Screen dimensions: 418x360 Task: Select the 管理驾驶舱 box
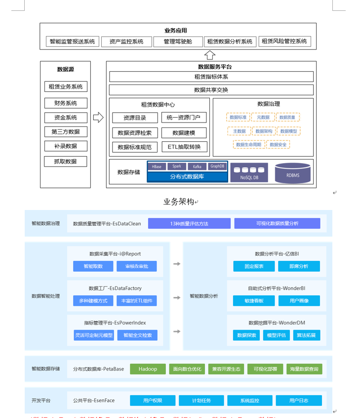178,42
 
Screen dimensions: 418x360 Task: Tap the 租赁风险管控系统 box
284,42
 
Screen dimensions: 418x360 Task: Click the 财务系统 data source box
65,103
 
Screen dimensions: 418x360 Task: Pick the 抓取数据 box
65,161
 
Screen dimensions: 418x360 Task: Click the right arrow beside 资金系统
98,118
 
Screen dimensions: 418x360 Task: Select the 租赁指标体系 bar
211,77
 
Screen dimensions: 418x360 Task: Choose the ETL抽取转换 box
184,147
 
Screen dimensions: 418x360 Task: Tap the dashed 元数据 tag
263,117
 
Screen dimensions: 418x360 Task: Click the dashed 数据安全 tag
278,144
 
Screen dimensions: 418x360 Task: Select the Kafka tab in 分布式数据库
197,167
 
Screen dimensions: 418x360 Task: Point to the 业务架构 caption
179,202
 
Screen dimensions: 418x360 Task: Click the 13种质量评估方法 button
189,223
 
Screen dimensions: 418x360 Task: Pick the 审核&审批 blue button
136,266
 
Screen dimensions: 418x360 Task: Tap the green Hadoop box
148,369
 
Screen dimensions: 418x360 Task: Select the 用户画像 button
299,300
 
